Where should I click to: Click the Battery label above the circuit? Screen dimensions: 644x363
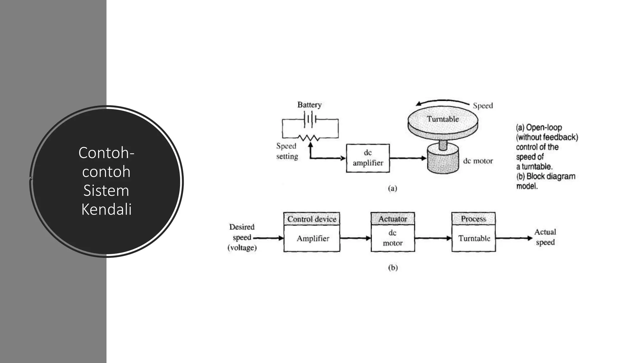[309, 105]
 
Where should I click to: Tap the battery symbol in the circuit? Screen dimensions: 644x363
[310, 119]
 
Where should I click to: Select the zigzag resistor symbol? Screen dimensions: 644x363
[309, 138]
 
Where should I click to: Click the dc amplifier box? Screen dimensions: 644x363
[368, 158]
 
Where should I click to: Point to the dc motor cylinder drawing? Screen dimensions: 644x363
[443, 158]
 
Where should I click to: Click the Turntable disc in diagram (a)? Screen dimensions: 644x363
[443, 121]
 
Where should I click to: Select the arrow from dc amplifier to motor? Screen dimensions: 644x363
[408, 158]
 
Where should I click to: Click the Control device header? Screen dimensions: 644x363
[312, 219]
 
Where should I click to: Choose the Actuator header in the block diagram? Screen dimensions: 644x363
[393, 219]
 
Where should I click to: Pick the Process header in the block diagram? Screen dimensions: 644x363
[474, 219]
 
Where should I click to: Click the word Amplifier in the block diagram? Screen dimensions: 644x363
[313, 239]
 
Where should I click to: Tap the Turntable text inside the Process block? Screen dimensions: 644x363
[474, 238]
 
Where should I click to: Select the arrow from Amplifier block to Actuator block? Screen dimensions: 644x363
[355, 238]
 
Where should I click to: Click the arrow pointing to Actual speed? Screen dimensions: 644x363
[514, 238]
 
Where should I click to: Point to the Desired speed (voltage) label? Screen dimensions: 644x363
[242, 237]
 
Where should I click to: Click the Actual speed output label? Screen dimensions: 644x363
[545, 237]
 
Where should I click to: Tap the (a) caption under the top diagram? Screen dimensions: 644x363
[392, 188]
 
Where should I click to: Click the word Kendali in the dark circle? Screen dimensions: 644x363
[106, 209]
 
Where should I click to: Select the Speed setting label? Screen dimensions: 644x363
[287, 151]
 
